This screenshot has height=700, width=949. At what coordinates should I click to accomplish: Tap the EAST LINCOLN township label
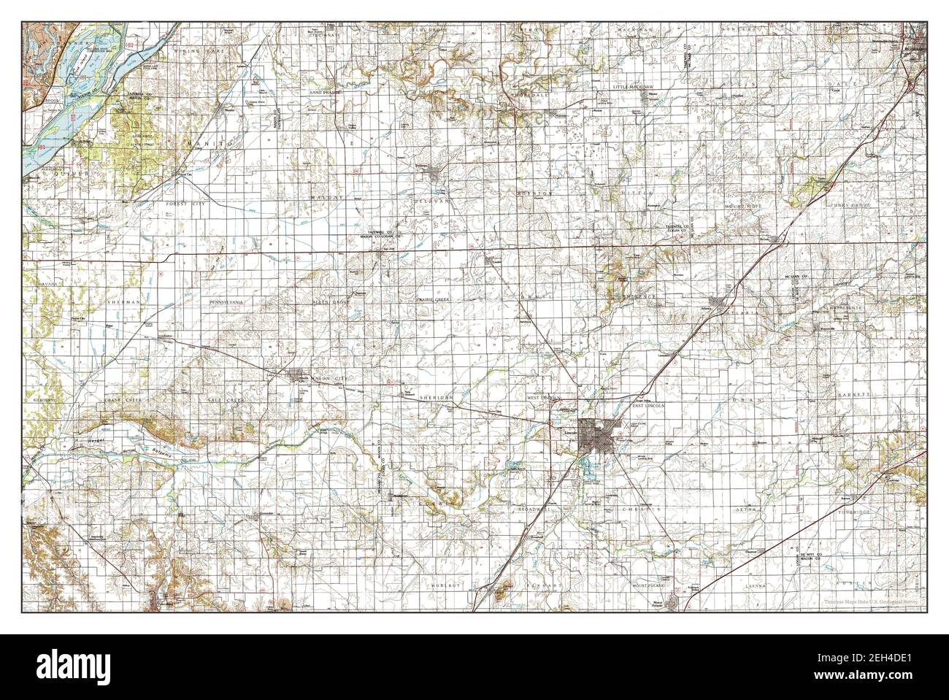648,405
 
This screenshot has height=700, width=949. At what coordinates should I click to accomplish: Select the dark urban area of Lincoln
595,439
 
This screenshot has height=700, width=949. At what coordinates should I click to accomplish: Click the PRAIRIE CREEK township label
434,299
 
